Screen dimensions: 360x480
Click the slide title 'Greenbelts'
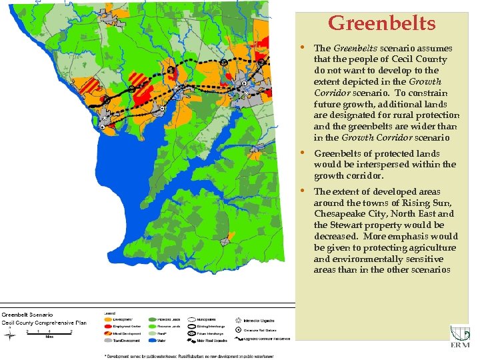381,24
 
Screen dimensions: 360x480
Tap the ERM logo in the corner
460,336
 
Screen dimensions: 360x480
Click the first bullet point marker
304,48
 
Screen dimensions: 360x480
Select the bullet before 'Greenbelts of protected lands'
304,153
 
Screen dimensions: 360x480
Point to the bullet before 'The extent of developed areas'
304,191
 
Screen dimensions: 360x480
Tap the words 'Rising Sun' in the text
434,203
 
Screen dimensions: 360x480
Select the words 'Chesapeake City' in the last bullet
346,214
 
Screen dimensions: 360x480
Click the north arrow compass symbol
9,335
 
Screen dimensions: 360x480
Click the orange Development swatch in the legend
109,320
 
